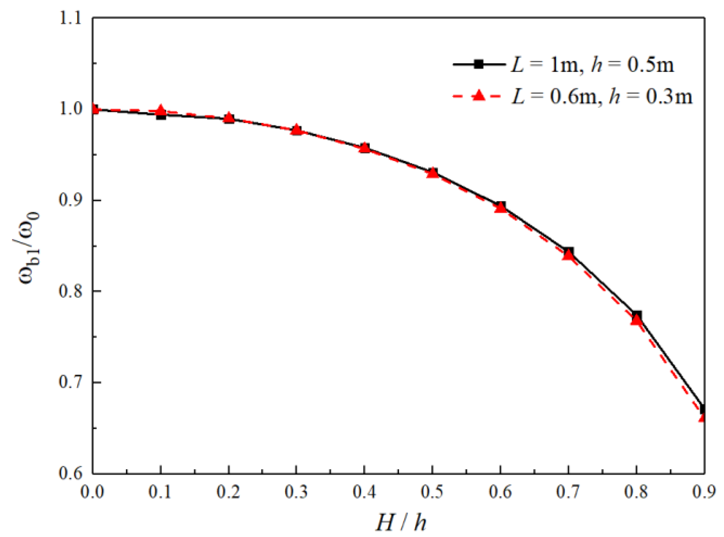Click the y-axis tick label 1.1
(x=70, y=18)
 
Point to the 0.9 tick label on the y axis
(x=70, y=200)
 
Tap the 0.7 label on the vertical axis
(x=70, y=382)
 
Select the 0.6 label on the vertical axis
(x=70, y=473)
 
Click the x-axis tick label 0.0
(x=92, y=492)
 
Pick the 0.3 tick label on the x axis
(x=296, y=492)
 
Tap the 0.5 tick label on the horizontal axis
(x=432, y=492)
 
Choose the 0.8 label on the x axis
(x=636, y=492)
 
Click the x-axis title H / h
(x=401, y=523)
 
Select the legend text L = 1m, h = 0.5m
(x=592, y=65)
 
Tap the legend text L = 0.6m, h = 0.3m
(x=602, y=97)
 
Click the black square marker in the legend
(x=479, y=65)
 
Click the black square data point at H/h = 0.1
(x=161, y=115)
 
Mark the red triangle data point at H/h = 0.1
(x=161, y=111)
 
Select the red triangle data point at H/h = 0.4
(x=364, y=148)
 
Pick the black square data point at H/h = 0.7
(x=569, y=252)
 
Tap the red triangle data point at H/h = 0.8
(x=636, y=320)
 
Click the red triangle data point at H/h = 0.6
(x=500, y=208)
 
